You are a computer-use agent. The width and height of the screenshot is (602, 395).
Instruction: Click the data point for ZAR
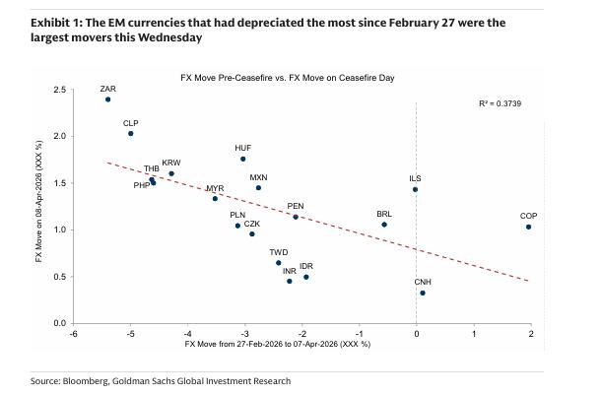coord(107,99)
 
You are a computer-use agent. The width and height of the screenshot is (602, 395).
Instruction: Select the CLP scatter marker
coord(131,134)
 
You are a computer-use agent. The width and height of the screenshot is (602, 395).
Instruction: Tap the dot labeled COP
coord(529,227)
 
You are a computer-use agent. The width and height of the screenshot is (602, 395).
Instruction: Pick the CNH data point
coord(423,293)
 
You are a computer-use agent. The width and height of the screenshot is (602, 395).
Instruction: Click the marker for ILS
coord(416,189)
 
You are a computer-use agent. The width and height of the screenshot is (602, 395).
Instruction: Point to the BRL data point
coord(384,225)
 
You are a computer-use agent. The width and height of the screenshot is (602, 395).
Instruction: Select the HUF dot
coord(243,159)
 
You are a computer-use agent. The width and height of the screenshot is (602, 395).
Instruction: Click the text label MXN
coord(258,177)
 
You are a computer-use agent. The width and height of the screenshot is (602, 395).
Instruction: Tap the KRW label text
coord(171,163)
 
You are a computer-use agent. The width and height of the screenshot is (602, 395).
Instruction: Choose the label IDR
coord(305,266)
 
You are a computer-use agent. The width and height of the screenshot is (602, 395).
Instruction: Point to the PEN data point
coord(296,217)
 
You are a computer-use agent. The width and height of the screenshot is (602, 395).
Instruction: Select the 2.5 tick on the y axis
coord(60,90)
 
